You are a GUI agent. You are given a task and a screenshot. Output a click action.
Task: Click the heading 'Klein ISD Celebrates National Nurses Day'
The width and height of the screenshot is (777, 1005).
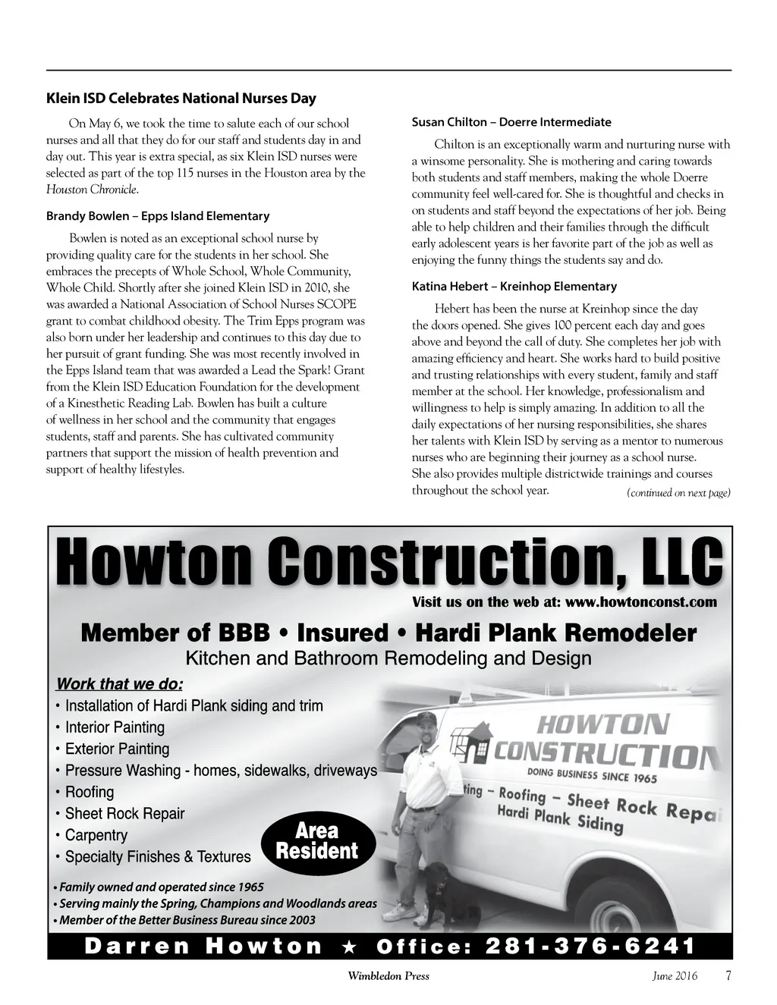pos(181,98)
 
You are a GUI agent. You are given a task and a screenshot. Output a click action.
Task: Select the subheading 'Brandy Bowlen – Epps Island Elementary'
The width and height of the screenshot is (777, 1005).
pos(158,216)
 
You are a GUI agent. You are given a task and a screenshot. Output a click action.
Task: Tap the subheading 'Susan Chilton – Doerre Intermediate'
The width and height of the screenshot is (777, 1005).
pos(511,122)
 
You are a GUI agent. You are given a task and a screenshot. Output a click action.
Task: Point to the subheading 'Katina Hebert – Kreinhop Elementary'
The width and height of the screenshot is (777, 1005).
pos(514,287)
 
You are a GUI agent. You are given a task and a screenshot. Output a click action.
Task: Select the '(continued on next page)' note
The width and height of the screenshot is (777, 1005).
pos(678,494)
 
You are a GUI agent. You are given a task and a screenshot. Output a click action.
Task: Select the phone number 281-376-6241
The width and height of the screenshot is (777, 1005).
pos(590,946)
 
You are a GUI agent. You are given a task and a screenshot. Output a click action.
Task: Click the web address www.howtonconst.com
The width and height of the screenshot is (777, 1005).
pos(641,602)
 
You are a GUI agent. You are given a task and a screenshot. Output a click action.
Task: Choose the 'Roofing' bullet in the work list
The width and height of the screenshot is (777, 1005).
pos(89,793)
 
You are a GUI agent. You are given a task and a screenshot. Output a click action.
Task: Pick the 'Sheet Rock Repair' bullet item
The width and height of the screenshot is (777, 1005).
pos(124,814)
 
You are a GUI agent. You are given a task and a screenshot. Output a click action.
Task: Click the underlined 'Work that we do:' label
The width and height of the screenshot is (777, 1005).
pos(120,684)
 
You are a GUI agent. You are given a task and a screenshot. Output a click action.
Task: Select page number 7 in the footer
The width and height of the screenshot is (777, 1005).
pos(728,976)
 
